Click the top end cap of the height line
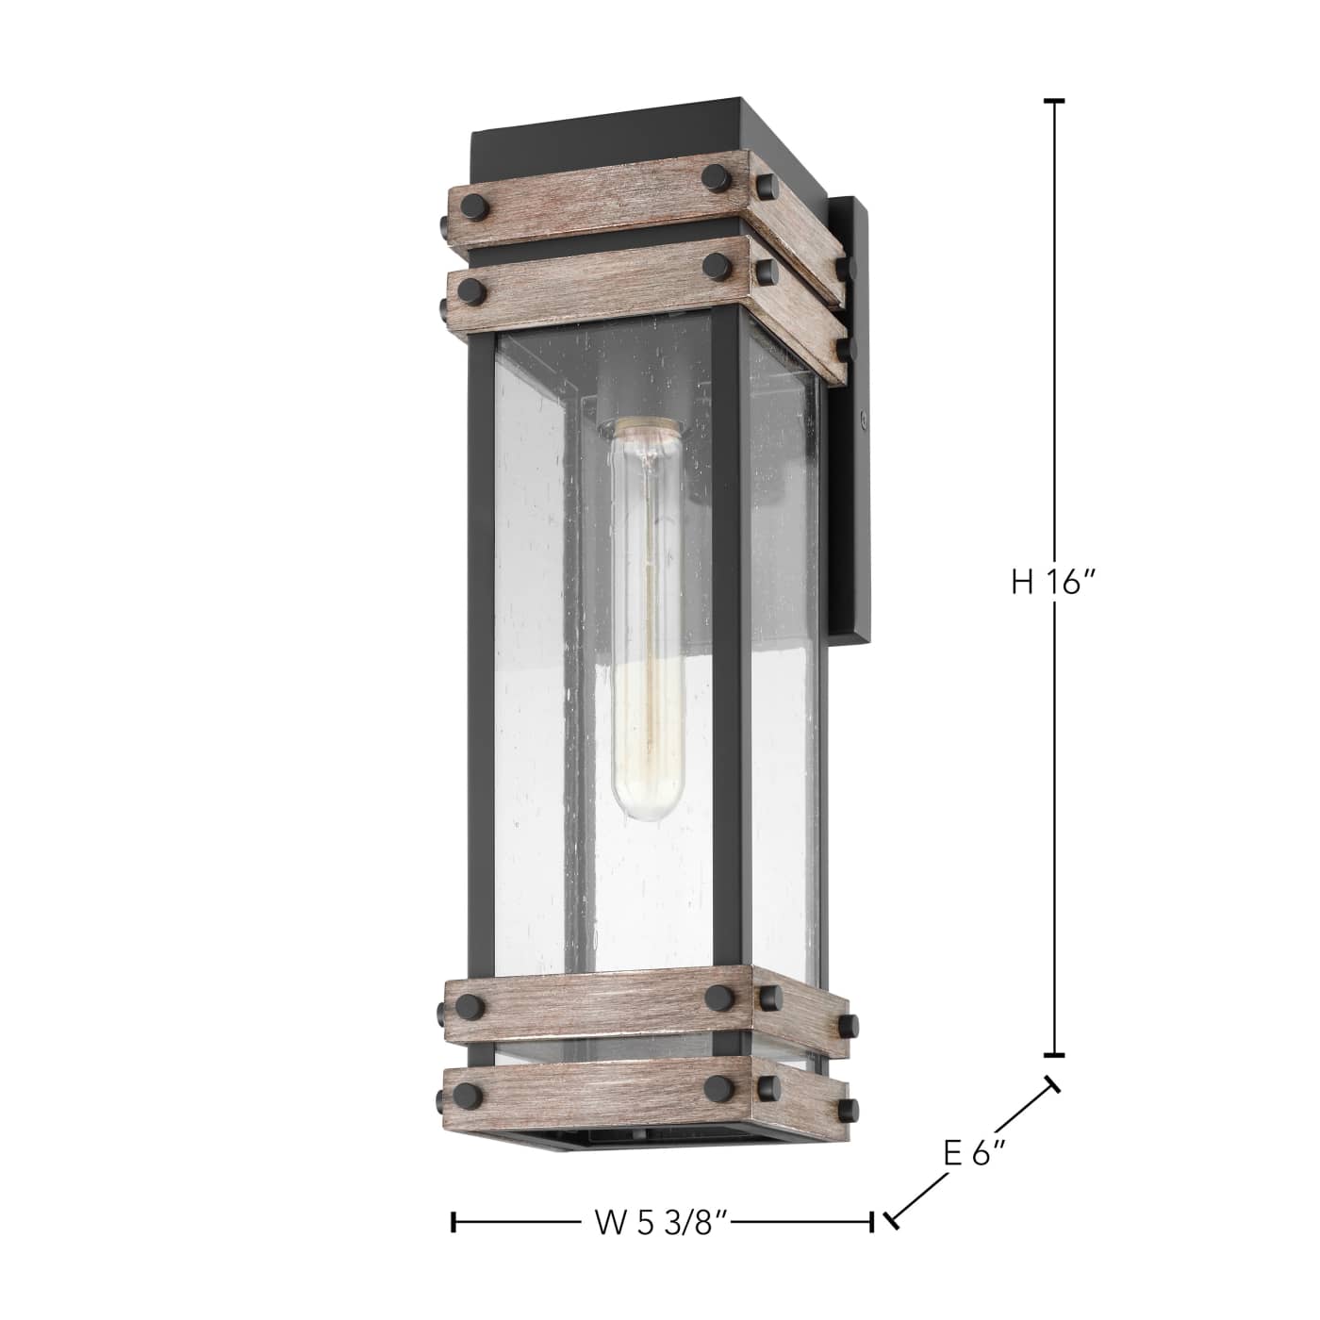point(1053,100)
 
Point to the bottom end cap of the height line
point(1053,1054)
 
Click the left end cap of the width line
point(455,1223)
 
